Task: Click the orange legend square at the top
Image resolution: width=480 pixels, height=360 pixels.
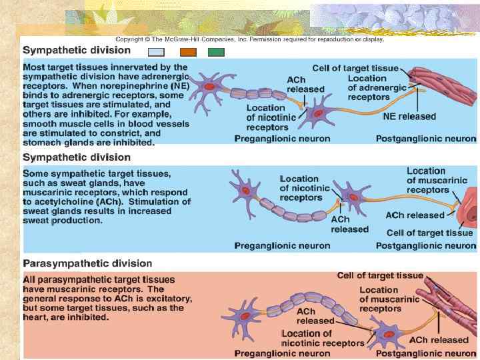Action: click(x=188, y=52)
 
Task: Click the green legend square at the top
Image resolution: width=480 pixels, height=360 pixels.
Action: click(x=216, y=52)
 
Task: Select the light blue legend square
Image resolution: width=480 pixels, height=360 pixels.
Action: click(x=156, y=52)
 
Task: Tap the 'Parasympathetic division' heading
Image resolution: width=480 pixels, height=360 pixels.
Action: click(x=87, y=263)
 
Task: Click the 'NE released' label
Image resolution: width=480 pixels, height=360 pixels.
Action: click(x=409, y=116)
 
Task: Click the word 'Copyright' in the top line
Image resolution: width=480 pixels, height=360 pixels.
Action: click(x=130, y=39)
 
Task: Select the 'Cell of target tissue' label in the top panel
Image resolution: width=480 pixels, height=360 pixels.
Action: click(x=355, y=68)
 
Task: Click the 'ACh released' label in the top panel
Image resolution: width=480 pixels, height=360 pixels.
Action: click(x=305, y=85)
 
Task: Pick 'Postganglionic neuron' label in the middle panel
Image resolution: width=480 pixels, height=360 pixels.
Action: click(x=426, y=245)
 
